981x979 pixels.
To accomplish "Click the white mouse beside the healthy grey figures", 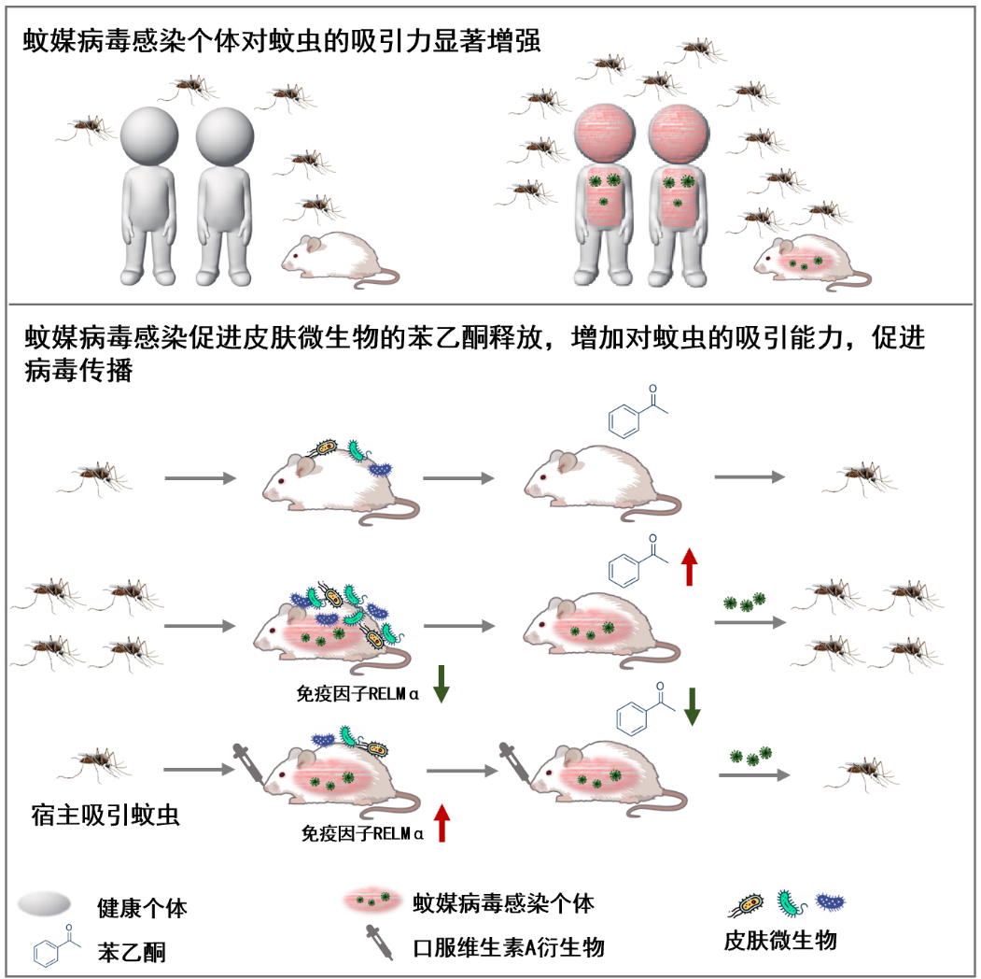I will [331, 256].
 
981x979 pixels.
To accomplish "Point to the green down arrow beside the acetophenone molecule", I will [692, 707].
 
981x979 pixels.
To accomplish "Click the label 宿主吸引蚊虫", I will [100, 815].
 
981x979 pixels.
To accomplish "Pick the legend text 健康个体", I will [148, 906].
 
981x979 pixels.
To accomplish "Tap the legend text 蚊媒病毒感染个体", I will [503, 903].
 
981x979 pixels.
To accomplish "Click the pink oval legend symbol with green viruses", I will [373, 902].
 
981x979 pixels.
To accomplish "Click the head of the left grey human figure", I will [148, 135].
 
